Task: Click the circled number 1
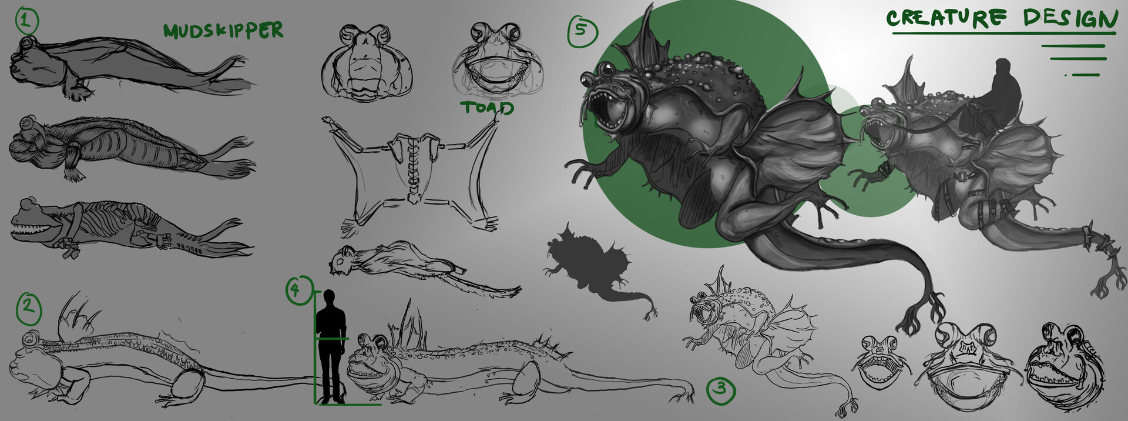point(25,22)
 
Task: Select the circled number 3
point(721,389)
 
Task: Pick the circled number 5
point(581,30)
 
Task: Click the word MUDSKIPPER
point(223,31)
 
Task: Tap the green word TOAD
point(487,108)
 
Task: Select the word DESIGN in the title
point(1069,19)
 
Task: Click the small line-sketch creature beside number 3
point(758,335)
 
